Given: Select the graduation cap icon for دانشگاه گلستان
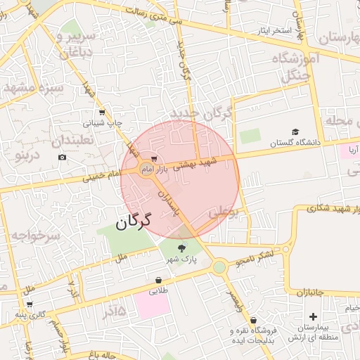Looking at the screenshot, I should tap(296, 132).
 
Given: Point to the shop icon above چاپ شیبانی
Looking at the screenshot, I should tap(102, 112).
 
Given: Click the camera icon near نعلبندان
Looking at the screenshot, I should tap(63, 156).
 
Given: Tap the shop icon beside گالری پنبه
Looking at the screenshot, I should tap(30, 304).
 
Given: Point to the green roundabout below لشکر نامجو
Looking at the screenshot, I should tap(219, 266).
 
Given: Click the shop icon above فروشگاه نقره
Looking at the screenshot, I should tap(254, 321).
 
